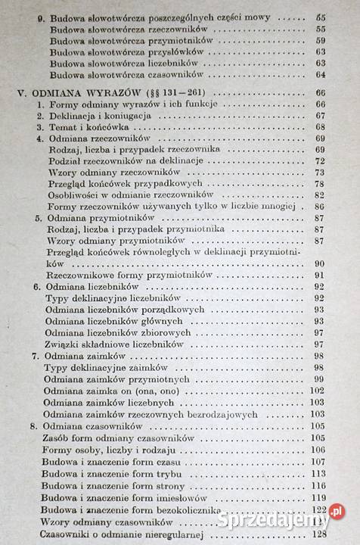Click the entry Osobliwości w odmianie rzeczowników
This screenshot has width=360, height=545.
pos(127,195)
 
